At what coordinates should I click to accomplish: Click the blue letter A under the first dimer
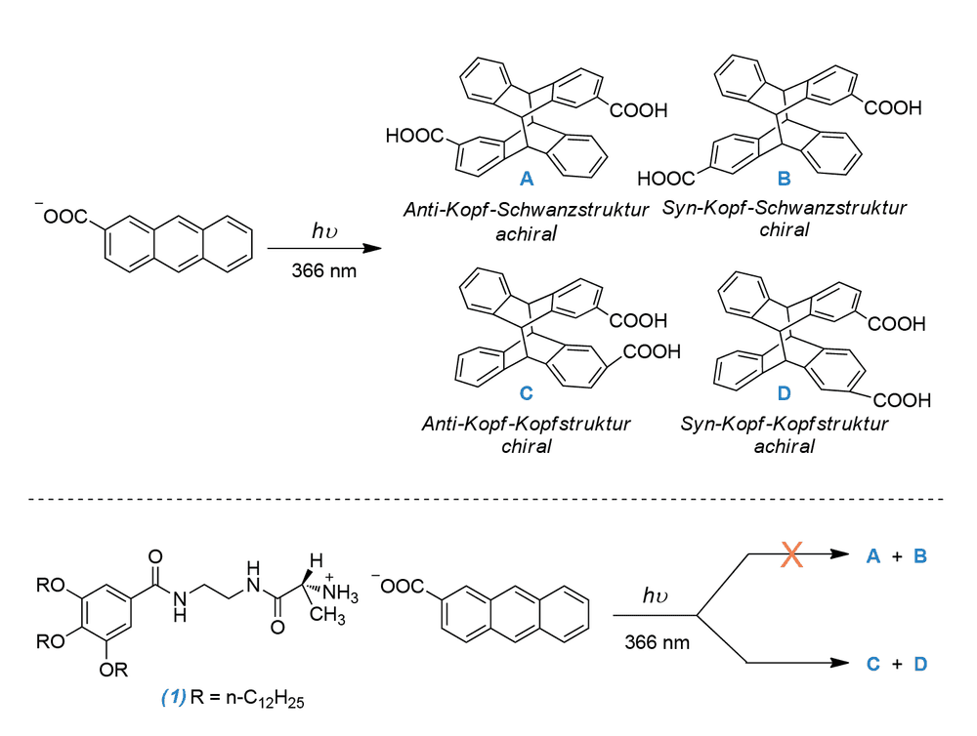point(527,179)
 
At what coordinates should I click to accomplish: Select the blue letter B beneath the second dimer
point(784,179)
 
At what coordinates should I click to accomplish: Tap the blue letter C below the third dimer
point(527,393)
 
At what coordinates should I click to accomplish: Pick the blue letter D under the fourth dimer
point(784,393)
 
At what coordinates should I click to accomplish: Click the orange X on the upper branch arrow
point(791,554)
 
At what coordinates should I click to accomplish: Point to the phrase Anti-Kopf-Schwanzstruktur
point(526,210)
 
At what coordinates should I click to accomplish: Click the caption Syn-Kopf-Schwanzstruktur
point(784,208)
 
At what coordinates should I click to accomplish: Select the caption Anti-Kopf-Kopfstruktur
point(527,424)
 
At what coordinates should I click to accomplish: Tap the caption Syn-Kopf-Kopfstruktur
point(784,424)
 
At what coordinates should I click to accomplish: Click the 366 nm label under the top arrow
point(324,270)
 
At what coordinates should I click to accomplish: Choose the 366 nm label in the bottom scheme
point(658,642)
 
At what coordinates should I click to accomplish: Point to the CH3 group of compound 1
point(327,615)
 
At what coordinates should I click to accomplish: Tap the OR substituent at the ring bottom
point(113,670)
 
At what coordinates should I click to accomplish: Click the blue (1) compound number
point(174,697)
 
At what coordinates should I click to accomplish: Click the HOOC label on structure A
point(414,136)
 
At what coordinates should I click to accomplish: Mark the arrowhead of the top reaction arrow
point(372,249)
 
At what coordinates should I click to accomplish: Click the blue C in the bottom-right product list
point(872,665)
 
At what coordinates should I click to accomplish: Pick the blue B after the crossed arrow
point(920,556)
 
